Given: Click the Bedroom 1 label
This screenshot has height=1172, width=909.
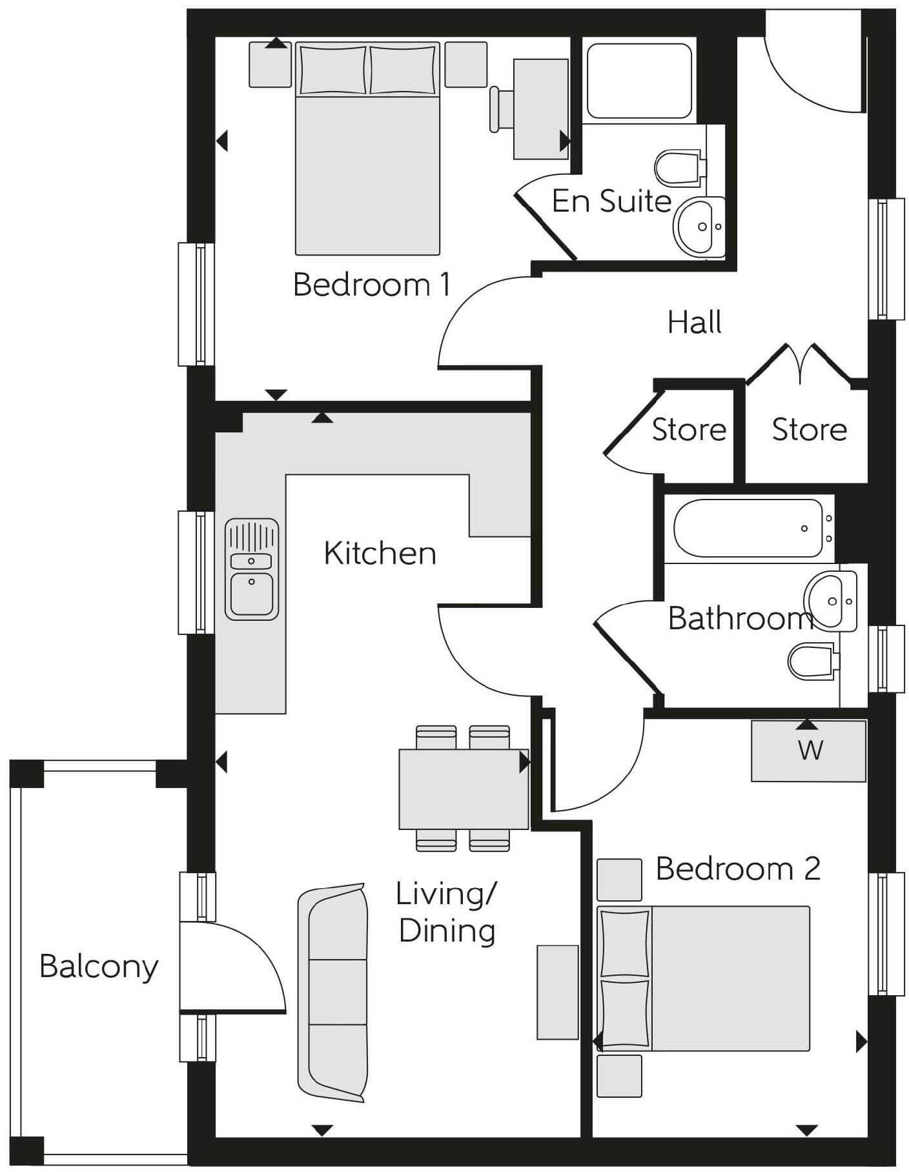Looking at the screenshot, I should (x=371, y=285).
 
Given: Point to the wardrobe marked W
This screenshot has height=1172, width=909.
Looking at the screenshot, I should (x=808, y=751).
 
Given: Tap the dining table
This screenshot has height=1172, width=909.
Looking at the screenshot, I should (x=463, y=789).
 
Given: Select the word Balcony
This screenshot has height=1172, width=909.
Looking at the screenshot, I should (x=98, y=966).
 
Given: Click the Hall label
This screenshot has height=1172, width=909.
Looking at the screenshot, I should (x=694, y=322).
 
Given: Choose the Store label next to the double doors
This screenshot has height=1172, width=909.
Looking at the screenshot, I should (x=809, y=429).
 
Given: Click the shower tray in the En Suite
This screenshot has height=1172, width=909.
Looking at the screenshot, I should (x=639, y=81).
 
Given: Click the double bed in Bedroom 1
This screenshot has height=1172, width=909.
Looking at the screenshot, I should (x=367, y=168).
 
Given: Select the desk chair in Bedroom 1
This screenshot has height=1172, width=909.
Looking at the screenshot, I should (x=500, y=109).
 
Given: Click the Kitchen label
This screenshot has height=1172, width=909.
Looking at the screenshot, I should (x=380, y=553).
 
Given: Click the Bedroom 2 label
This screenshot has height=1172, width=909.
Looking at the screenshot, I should (x=737, y=869).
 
